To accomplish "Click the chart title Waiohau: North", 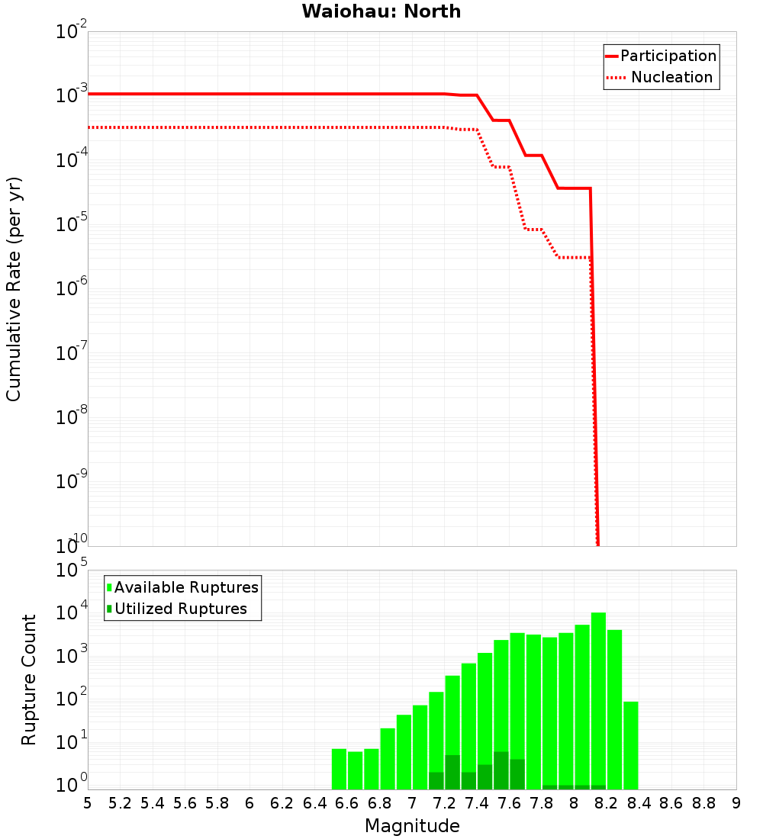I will (x=381, y=11).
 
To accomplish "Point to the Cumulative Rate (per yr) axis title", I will (x=14, y=288).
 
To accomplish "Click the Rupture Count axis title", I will (x=29, y=680).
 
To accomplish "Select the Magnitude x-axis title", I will (x=412, y=825).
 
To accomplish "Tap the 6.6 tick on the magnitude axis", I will (x=347, y=803).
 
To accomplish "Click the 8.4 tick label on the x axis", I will (x=639, y=803).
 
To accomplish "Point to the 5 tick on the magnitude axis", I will (x=88, y=803).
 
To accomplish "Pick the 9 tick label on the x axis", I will (x=736, y=803).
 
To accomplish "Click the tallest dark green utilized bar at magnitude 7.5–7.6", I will (x=501, y=770).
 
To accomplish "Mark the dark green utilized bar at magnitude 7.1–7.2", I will (x=436, y=780).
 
